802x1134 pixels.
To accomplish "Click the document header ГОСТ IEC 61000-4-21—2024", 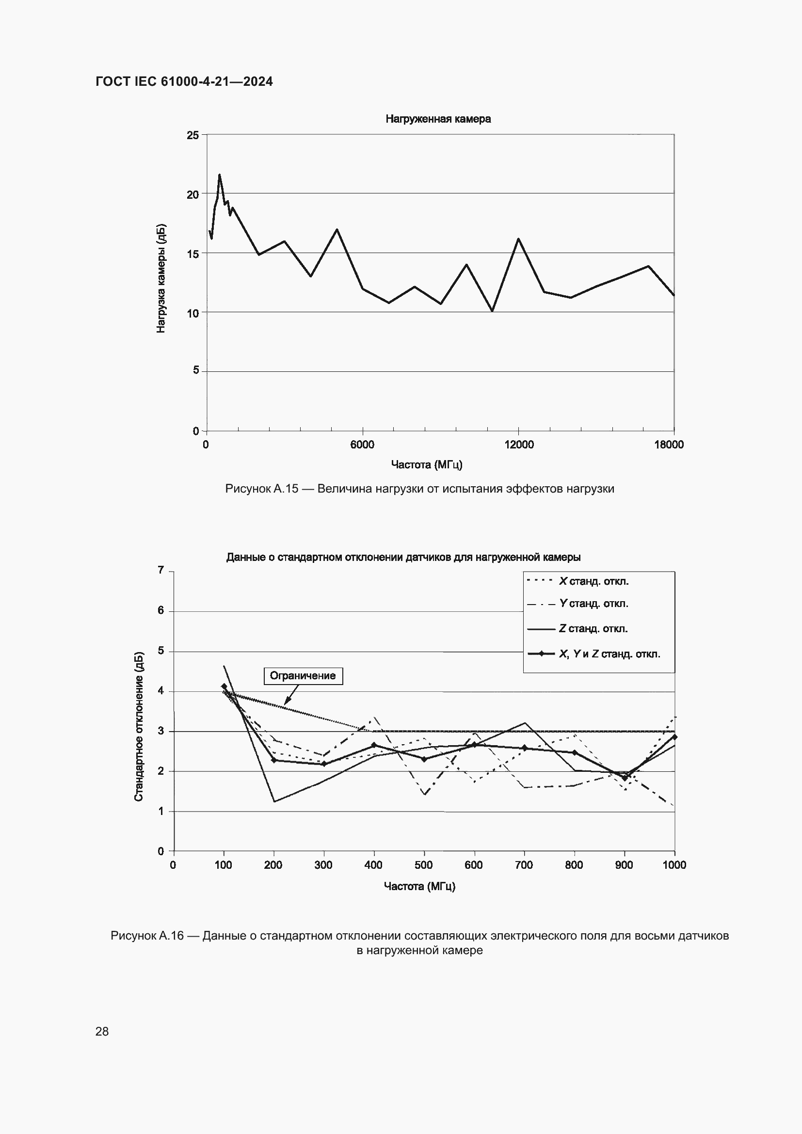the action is click(184, 81).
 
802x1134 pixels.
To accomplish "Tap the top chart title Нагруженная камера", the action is click(438, 119).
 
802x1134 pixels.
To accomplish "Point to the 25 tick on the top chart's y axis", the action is click(192, 135).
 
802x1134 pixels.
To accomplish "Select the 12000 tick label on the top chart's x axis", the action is click(519, 445).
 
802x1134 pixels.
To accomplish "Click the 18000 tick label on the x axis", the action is click(669, 445).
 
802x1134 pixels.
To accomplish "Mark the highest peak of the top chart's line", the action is click(219, 175).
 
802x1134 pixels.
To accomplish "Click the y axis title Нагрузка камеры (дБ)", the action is click(161, 279).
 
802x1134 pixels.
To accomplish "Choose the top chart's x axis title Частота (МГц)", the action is click(427, 465).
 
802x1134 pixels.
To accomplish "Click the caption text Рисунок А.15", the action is click(262, 489).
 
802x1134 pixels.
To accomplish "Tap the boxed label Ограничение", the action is click(303, 676).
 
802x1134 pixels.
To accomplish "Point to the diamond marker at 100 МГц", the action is click(224, 687).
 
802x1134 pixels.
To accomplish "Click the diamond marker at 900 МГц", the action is click(624, 778).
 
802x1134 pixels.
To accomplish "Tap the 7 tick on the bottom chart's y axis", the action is click(161, 571).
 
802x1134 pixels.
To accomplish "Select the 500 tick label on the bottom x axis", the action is click(424, 864).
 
